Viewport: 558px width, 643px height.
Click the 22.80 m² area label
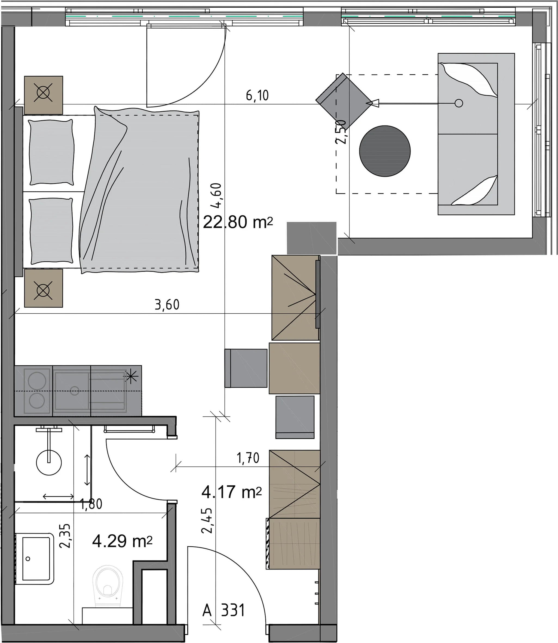(x=238, y=222)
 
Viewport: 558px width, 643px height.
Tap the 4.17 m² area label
(x=231, y=492)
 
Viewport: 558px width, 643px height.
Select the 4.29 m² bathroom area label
(x=122, y=541)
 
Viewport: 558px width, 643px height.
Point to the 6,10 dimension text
(x=257, y=95)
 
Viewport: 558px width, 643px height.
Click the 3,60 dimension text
(x=167, y=305)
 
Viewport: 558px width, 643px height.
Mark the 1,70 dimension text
(x=248, y=458)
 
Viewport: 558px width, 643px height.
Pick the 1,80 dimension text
(x=91, y=504)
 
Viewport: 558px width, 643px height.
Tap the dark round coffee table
(x=385, y=151)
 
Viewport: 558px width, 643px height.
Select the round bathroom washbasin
(x=49, y=463)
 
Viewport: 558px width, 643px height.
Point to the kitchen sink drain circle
(x=74, y=391)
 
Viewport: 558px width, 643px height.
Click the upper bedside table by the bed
(x=44, y=95)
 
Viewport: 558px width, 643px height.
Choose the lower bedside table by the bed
(x=44, y=288)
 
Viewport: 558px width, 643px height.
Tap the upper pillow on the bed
(x=51, y=152)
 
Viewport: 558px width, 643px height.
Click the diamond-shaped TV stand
(x=344, y=102)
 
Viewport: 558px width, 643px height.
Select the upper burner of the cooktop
(x=37, y=381)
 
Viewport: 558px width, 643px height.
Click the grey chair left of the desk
(x=246, y=368)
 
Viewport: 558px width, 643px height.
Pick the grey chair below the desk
(x=295, y=417)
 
